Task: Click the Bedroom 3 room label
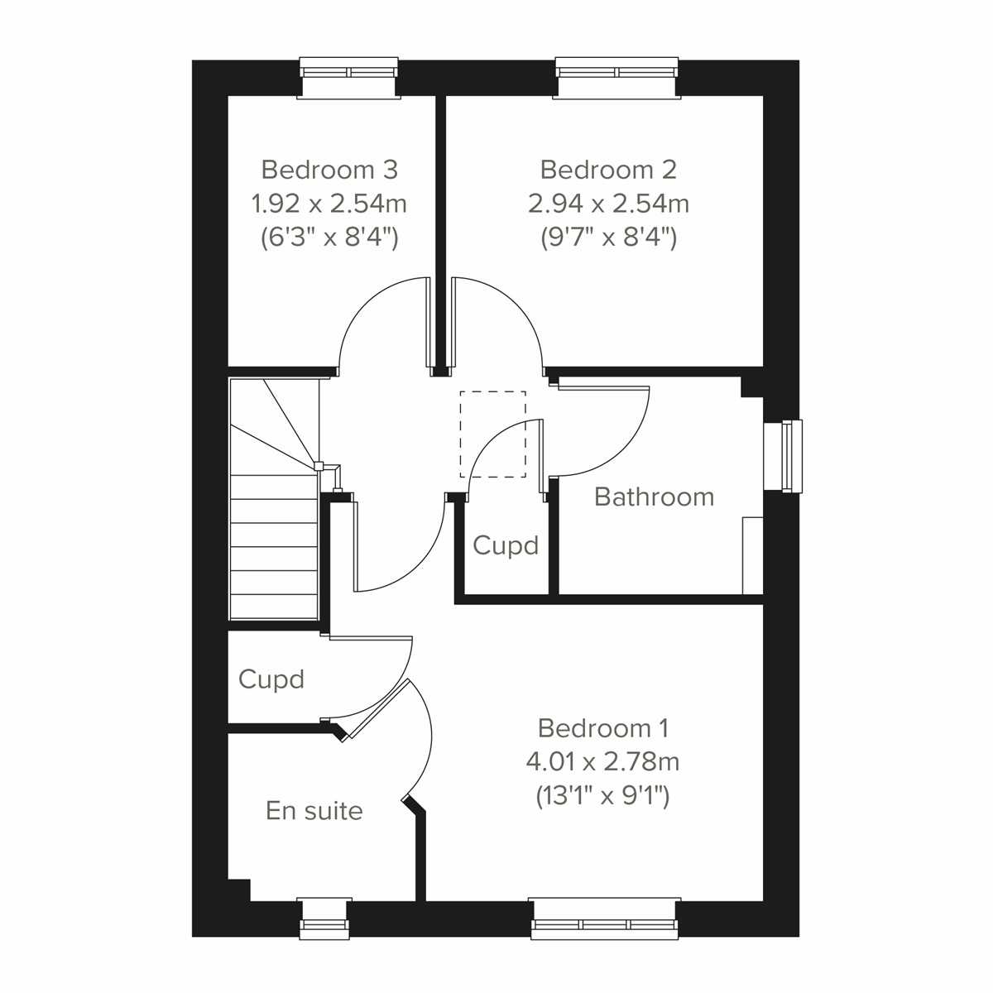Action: pos(329,170)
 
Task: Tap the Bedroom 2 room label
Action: pos(608,170)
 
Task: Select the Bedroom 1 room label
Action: pos(602,728)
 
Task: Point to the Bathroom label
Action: pos(654,496)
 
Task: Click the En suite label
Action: pos(314,810)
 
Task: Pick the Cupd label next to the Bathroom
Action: pos(506,545)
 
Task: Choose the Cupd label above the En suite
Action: pos(271,679)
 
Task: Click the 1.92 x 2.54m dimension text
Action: pos(329,203)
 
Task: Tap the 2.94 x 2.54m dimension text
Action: pos(608,203)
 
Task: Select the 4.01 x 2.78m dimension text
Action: pos(602,761)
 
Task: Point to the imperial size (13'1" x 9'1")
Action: pos(602,796)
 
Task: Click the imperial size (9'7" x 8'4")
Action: pos(608,238)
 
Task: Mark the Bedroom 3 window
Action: pos(348,78)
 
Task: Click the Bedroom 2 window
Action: pos(618,78)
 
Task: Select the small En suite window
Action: pos(324,919)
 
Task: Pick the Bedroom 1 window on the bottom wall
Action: pos(605,919)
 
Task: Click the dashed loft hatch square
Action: pos(492,434)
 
